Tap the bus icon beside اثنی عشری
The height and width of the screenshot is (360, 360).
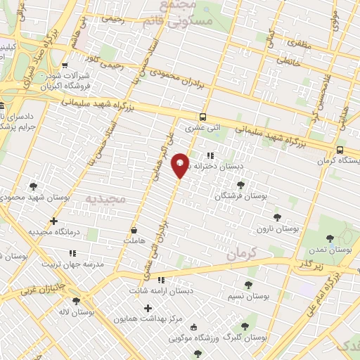(x=202, y=117)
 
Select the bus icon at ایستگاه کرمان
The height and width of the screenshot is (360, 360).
(x=340, y=150)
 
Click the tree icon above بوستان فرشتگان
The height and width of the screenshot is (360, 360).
(x=240, y=185)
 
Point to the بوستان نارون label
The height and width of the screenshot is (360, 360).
(x=277, y=229)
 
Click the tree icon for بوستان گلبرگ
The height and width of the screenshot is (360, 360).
(x=244, y=326)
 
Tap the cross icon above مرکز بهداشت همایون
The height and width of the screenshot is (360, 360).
(x=147, y=308)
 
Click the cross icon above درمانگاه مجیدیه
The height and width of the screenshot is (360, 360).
(x=53, y=221)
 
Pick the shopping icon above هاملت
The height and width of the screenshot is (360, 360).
(x=134, y=230)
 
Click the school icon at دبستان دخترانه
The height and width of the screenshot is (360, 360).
(x=210, y=156)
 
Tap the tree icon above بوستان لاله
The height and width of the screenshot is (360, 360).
(x=76, y=301)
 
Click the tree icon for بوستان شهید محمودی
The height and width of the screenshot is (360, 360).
(x=33, y=186)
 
